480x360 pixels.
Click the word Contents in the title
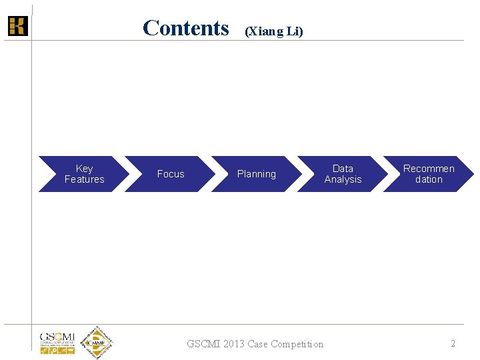[185, 28]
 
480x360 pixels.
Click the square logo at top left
[17, 26]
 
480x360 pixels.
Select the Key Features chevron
[83, 174]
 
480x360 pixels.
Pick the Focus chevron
[170, 174]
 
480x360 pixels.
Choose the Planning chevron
[256, 174]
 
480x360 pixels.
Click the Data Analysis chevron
[343, 174]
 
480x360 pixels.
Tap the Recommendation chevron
[429, 174]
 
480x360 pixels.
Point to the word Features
[85, 179]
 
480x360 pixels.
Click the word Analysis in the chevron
[343, 179]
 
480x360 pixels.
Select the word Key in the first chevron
[85, 169]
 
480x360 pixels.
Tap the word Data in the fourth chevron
[343, 169]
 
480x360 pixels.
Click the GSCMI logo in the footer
[57, 342]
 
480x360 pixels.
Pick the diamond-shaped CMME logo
[97, 343]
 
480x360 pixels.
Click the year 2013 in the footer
[234, 344]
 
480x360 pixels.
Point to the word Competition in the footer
[296, 344]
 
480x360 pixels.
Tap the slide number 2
[453, 343]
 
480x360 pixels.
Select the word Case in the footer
[257, 344]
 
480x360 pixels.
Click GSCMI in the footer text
[204, 344]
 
